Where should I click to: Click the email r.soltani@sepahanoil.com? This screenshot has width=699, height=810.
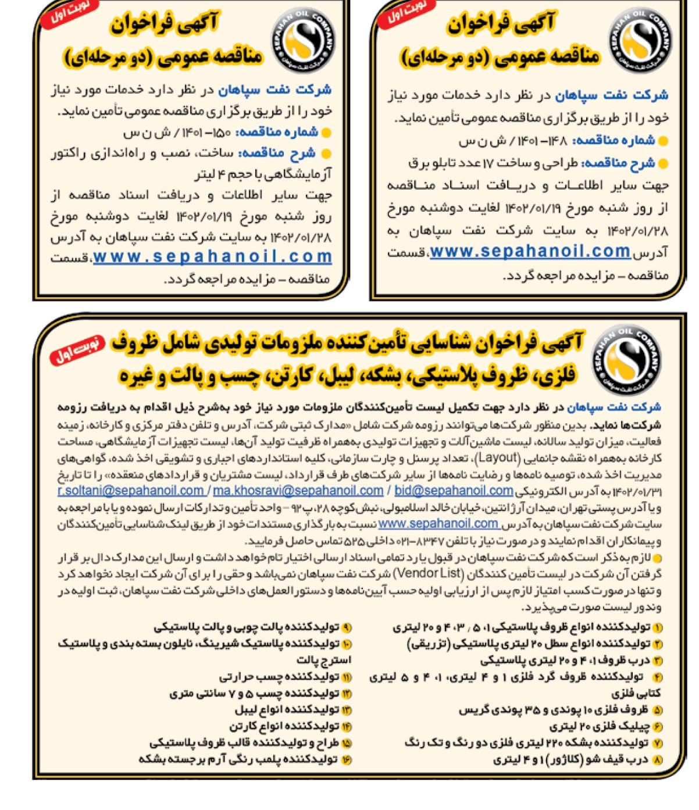(130, 491)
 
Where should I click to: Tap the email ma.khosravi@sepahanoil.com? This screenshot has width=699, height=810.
(298, 491)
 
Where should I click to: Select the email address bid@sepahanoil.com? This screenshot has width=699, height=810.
(454, 491)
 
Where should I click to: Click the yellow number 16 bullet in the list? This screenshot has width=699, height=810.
(347, 759)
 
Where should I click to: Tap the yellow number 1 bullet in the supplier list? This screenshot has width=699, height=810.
(657, 628)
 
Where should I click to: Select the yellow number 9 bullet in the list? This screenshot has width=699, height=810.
(347, 627)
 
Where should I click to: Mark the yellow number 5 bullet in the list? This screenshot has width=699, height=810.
(657, 710)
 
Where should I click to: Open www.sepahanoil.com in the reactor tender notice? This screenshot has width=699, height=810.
(212, 256)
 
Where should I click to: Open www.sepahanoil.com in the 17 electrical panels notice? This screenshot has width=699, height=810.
(530, 251)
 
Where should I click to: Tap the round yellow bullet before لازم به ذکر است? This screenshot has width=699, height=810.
(657, 558)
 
